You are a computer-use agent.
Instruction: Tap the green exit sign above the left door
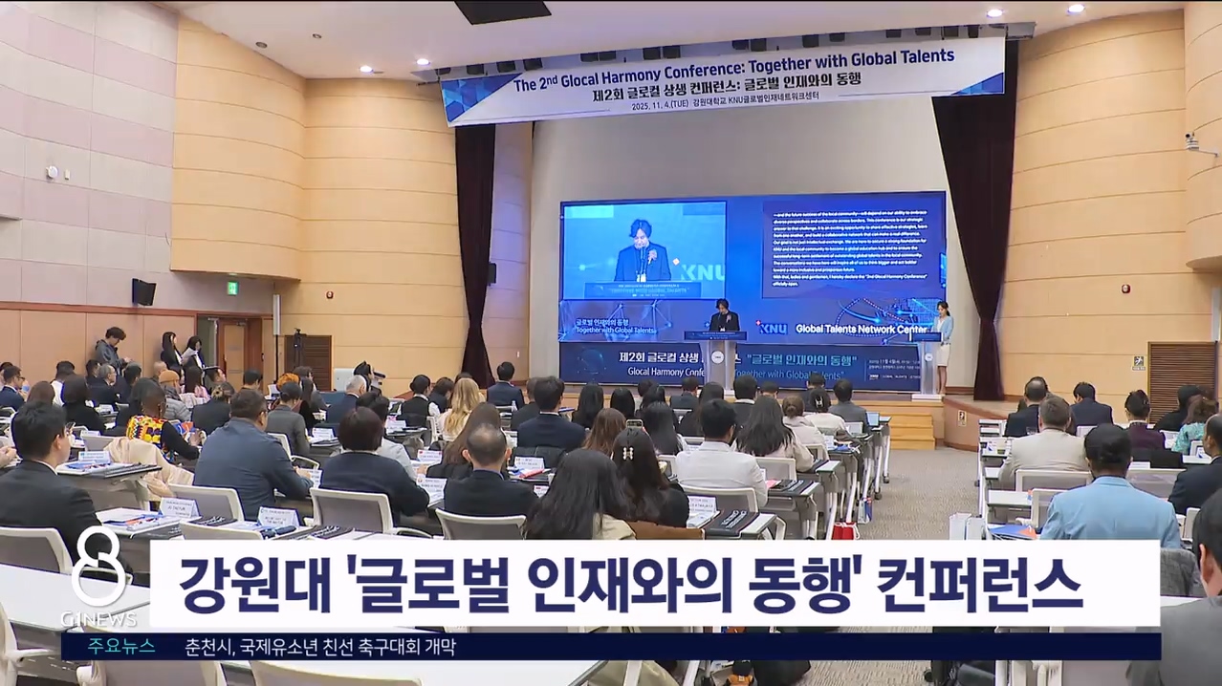232,288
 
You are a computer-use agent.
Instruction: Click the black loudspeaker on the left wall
143,292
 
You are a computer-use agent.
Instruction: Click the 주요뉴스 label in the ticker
121,647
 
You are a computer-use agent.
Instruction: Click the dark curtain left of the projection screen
475,248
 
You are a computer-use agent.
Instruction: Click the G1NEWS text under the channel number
98,619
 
